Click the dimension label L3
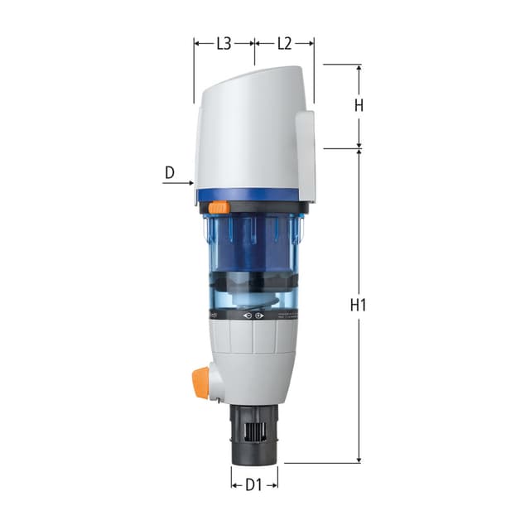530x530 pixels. tap(224, 44)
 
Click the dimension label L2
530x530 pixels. tap(284, 44)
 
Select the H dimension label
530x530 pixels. tap(359, 105)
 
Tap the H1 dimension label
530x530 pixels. tap(359, 305)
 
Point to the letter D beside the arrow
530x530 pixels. tap(170, 173)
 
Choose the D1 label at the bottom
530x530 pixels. tap(254, 485)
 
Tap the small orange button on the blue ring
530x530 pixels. tap(219, 208)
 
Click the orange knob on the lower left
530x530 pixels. tap(200, 382)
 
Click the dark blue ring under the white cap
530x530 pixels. tap(248, 195)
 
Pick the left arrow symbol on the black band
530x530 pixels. tap(245, 316)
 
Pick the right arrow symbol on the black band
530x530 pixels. tap(259, 316)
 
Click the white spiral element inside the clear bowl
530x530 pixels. tap(253, 290)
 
